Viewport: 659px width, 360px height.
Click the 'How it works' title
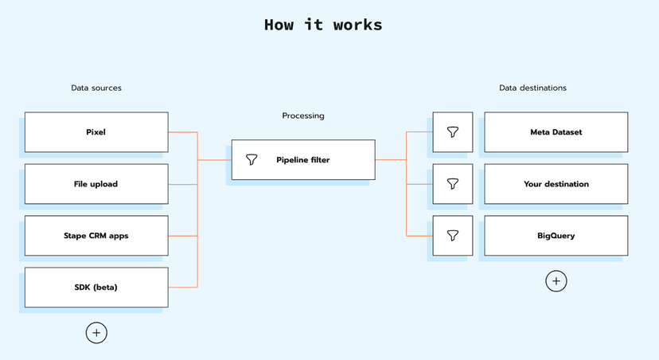323,25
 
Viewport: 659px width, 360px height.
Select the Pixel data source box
96,132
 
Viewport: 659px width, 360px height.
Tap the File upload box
96,184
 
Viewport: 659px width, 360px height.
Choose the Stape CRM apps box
96,236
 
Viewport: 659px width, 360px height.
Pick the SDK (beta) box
96,288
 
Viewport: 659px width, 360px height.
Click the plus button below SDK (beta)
96,333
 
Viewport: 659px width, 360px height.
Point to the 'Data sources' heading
96,88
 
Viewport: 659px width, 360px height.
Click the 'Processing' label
303,115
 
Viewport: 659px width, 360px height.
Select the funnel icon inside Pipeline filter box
252,160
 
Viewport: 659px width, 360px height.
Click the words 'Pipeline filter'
303,160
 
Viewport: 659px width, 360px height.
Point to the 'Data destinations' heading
532,88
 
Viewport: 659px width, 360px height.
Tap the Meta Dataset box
556,132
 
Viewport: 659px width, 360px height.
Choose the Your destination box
556,184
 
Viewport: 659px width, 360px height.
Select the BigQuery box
556,236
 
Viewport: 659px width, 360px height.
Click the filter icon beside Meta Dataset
453,132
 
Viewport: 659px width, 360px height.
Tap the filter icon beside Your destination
453,184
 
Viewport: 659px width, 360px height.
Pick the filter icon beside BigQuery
453,236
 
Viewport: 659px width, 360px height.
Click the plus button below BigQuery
556,281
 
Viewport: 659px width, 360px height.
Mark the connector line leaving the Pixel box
183,132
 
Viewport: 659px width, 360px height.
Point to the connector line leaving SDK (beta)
183,288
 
